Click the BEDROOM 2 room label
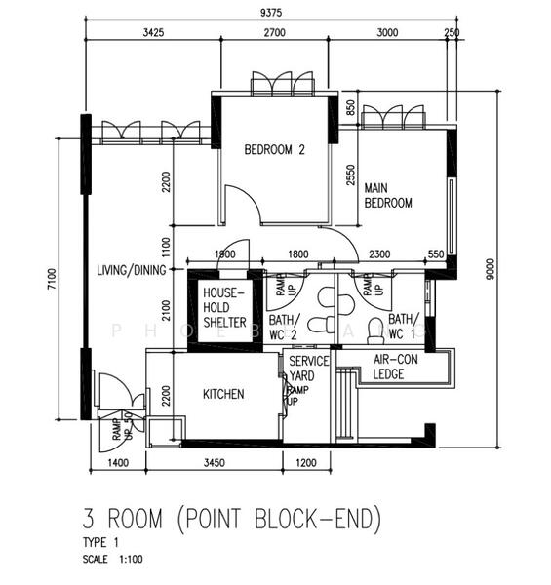(274, 150)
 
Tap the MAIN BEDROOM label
(388, 195)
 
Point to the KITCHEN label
(223, 394)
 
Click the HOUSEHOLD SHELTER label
(224, 307)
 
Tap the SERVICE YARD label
(309, 368)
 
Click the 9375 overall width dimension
(273, 13)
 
